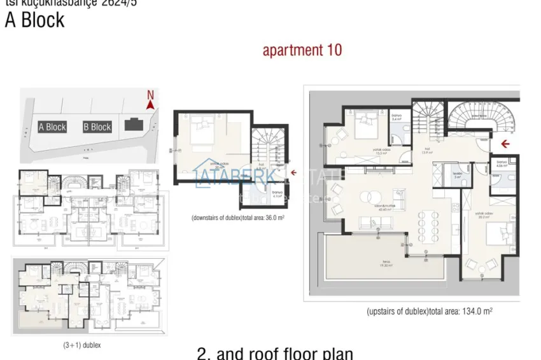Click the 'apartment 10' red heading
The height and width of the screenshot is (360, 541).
302,50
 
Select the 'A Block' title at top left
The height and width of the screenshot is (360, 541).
35,20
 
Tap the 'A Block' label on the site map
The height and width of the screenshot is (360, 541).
52,127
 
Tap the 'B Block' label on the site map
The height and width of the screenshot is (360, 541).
97,127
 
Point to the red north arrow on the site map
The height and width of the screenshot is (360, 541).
151,101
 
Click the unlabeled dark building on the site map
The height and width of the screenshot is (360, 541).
134,125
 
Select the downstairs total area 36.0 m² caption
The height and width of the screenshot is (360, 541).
238,218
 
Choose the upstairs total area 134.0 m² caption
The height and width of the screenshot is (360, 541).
430,312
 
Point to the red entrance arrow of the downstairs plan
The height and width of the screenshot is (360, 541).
293,172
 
